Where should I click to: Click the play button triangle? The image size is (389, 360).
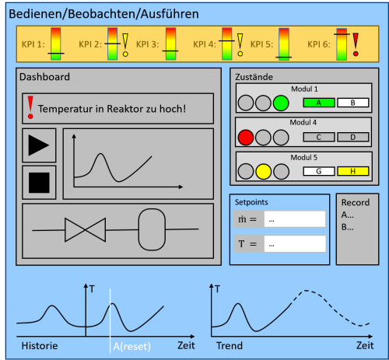pos(38,145)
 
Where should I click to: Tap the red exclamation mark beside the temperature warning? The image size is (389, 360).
pos(30,108)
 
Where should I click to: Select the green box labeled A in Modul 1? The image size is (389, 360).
pos(317,102)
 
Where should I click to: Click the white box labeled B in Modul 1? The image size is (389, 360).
pos(352,102)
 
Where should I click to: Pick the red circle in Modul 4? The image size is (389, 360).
pos(247,138)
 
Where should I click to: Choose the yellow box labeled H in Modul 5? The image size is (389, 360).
pos(352,171)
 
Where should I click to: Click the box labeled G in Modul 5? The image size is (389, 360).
pos(317,171)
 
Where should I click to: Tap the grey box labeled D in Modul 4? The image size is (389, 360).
pos(352,137)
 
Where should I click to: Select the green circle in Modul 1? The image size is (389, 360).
pos(282,103)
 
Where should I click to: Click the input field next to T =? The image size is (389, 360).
pos(294,244)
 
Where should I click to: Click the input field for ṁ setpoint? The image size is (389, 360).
pos(294,220)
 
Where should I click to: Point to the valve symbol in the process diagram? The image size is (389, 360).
pos(85,230)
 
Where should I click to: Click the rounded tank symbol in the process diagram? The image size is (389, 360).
pos(153,229)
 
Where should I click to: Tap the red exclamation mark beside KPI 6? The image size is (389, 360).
pos(356,40)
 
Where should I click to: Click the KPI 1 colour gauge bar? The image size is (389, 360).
pos(55,44)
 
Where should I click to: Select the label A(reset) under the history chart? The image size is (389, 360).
pos(131,347)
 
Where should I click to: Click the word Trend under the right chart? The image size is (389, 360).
pos(229,346)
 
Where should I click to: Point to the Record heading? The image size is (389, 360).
pos(356,202)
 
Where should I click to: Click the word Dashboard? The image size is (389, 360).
pos(45,77)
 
